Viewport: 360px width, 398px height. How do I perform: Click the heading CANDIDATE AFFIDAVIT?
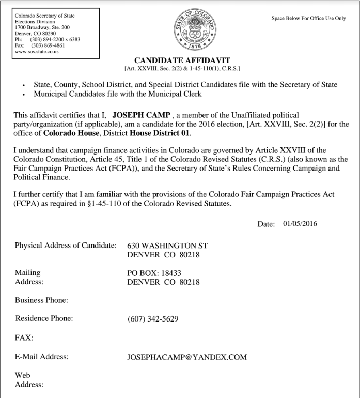pos(182,60)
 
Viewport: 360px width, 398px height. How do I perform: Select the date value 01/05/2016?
pos(300,224)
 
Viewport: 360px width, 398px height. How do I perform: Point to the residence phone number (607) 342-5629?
pos(153,319)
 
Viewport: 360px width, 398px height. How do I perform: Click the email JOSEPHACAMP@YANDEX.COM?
pos(187,357)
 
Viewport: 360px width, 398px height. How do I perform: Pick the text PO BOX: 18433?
pos(154,273)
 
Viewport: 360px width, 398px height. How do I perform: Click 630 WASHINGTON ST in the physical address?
pos(167,246)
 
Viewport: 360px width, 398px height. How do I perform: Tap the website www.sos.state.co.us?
pos(37,51)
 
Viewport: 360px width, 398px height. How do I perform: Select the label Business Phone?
pos(42,300)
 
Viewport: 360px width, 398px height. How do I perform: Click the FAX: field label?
pos(24,338)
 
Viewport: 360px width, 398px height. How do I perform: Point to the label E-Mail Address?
pos(42,357)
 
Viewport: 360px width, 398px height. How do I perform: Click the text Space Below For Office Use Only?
pos(308,18)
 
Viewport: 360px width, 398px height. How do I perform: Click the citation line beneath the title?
pos(182,68)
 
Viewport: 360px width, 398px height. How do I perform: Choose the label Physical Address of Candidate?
pos(66,246)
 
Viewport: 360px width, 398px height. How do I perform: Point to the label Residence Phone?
pos(44,319)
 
